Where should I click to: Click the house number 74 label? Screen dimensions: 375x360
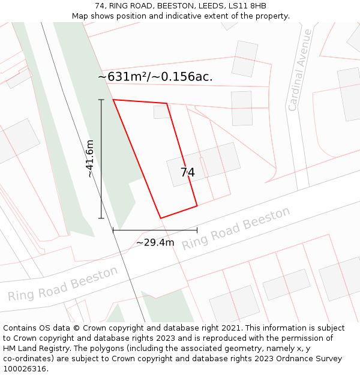coord(187,173)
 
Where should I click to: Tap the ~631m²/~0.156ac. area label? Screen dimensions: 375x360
coord(155,77)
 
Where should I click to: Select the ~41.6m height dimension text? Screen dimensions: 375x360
coord(90,158)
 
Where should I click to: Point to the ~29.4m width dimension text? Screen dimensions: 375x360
coord(155,242)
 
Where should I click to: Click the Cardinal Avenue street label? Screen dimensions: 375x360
coord(299,70)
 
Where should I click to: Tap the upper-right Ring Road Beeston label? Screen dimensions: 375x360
coord(236,228)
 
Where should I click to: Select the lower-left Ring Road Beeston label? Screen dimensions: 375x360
coord(63,284)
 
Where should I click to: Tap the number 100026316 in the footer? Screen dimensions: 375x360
coord(25,369)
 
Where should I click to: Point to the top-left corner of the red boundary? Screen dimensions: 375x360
coord(113,100)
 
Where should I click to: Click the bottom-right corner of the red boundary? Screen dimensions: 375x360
coord(197,206)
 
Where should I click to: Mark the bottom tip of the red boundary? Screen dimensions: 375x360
coord(160,218)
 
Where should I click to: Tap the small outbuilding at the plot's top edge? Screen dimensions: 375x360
coord(162,112)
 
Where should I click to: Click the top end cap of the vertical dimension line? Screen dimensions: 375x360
coord(101,100)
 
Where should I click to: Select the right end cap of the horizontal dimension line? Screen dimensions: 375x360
coord(197,230)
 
